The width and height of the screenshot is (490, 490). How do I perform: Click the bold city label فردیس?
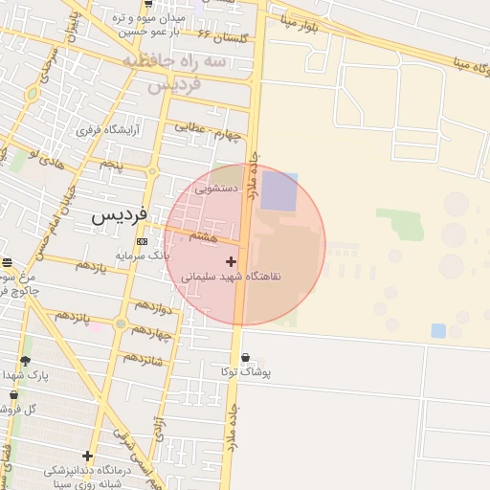coord(120,216)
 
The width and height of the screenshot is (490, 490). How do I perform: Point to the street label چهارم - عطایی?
coord(206,129)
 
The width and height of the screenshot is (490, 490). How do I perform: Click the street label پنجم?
coord(112,165)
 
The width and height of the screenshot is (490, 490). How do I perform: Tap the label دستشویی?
coord(216,189)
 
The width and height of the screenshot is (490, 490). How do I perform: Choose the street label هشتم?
coord(204,234)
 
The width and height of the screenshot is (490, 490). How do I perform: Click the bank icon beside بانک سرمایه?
coord(143,241)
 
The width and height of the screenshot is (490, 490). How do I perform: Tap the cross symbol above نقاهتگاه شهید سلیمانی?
coord(231,261)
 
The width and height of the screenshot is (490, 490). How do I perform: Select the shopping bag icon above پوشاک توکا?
coord(246,359)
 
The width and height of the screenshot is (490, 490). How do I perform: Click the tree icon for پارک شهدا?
coord(25,361)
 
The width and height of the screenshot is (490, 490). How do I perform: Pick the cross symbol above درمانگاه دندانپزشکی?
coord(88,457)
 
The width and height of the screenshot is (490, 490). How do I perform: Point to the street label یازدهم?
coord(91,264)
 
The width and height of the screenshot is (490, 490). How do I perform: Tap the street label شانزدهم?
coord(142,358)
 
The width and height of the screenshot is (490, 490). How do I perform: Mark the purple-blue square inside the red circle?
coord(279,191)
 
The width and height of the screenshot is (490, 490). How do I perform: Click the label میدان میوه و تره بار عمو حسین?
coord(147,25)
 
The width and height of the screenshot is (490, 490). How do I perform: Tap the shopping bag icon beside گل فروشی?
coord(13,394)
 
